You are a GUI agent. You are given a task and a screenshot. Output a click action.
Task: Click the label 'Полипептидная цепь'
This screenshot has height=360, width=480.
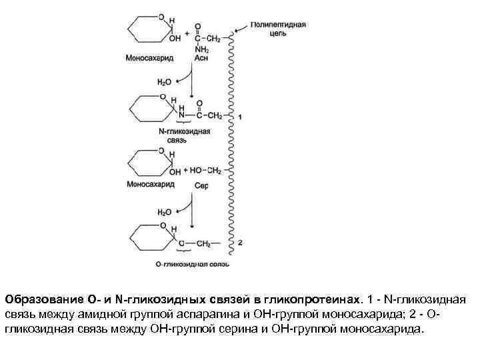(x=278, y=28)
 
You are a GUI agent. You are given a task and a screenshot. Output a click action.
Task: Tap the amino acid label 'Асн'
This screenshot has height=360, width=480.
(x=201, y=59)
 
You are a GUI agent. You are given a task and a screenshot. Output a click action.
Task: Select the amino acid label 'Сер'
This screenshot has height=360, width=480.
(x=201, y=185)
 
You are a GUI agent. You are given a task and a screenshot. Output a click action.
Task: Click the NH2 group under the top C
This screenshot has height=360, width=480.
(x=201, y=49)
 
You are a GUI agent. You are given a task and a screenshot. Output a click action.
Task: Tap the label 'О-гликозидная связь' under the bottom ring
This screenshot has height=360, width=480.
(x=192, y=265)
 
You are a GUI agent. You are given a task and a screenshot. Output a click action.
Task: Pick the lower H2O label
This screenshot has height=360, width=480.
(x=164, y=212)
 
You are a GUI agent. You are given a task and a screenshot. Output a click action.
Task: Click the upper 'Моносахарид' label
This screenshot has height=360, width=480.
(x=149, y=58)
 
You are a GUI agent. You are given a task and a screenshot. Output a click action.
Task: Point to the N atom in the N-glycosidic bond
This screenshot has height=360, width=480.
(x=181, y=115)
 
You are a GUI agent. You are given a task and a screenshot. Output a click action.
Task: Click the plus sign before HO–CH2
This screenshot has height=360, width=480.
(x=185, y=171)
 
